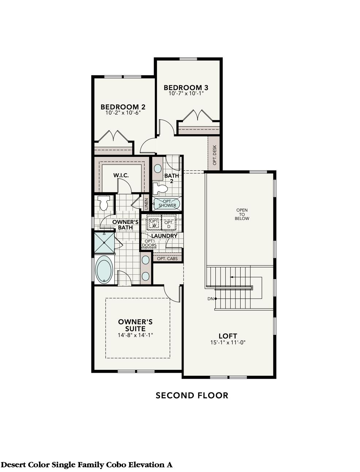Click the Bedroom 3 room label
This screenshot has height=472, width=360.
[185, 88]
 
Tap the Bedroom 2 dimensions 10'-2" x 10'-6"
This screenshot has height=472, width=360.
[123, 113]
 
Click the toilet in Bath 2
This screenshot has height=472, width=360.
[159, 188]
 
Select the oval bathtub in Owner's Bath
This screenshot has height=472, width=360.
[104, 270]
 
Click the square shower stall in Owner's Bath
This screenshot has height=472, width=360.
[104, 242]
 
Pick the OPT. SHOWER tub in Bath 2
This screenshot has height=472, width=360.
[167, 203]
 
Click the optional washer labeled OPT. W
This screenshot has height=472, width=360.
[154, 223]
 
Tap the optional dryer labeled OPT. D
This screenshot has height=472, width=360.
[168, 224]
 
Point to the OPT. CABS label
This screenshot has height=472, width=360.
[167, 259]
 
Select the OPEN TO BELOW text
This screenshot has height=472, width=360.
[242, 214]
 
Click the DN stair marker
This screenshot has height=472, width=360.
[211, 299]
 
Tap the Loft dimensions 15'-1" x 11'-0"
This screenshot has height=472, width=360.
[227, 343]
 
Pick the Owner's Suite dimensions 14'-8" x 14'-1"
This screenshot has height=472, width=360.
[135, 335]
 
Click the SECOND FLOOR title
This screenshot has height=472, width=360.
[192, 395]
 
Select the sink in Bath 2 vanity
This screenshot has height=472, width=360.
[158, 169]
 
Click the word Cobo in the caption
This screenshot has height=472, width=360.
[116, 465]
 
